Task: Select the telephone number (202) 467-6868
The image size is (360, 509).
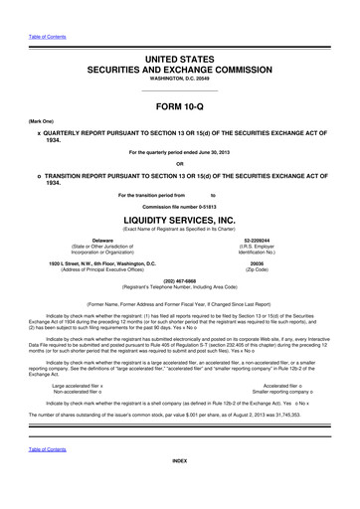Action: click(x=180, y=279)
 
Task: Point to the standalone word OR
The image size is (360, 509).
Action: click(x=180, y=164)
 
